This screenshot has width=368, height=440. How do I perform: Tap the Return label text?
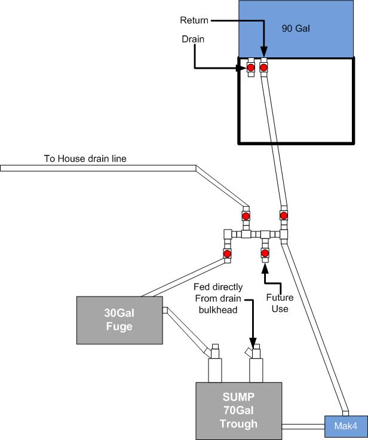194,20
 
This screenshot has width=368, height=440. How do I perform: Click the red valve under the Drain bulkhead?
251,68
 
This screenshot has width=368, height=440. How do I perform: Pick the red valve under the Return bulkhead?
263,68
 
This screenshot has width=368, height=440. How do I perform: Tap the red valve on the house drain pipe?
246,215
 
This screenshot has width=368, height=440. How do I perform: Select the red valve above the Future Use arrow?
265,253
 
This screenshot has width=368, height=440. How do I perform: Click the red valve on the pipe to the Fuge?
228,254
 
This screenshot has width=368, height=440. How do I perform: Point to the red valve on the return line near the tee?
283,215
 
